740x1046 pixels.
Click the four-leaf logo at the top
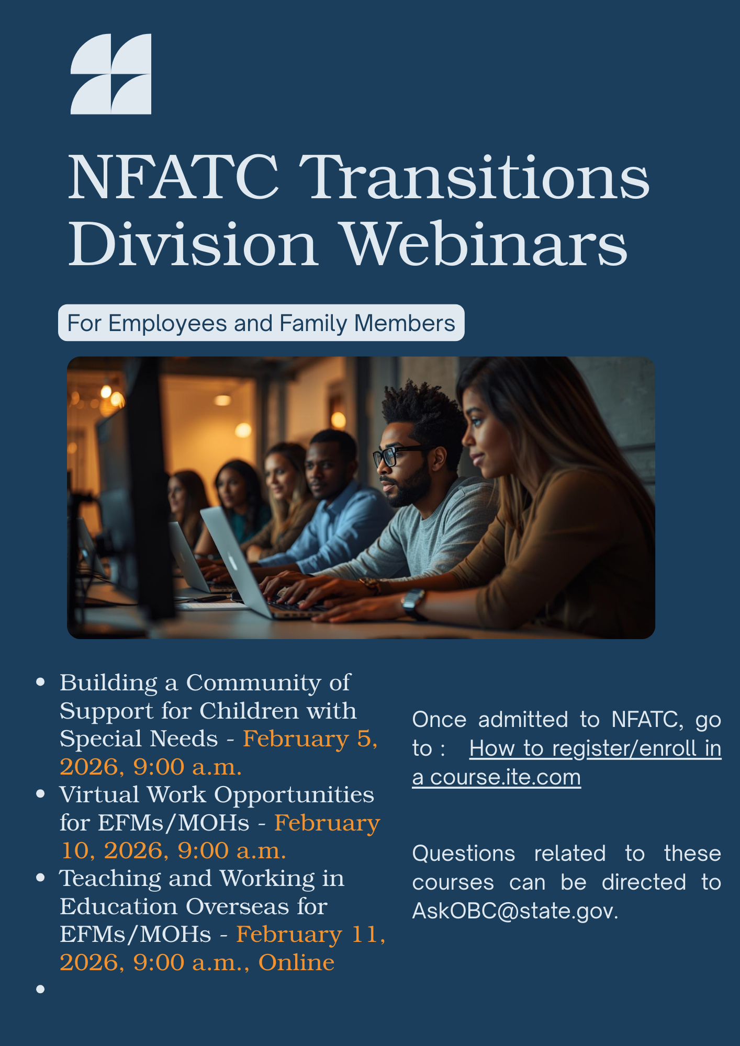111,74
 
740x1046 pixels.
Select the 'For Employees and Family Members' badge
261,323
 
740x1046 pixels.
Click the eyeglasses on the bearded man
394,454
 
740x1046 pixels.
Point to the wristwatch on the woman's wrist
413,602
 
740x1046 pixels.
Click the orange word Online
296,962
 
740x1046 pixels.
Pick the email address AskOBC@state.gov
515,911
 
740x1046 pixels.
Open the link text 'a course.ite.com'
496,777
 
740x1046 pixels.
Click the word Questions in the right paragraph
464,854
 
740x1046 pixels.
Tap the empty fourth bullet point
40,989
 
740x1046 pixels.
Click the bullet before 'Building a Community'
40,683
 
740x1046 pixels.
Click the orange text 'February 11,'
310,934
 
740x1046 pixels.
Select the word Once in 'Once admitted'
439,720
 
